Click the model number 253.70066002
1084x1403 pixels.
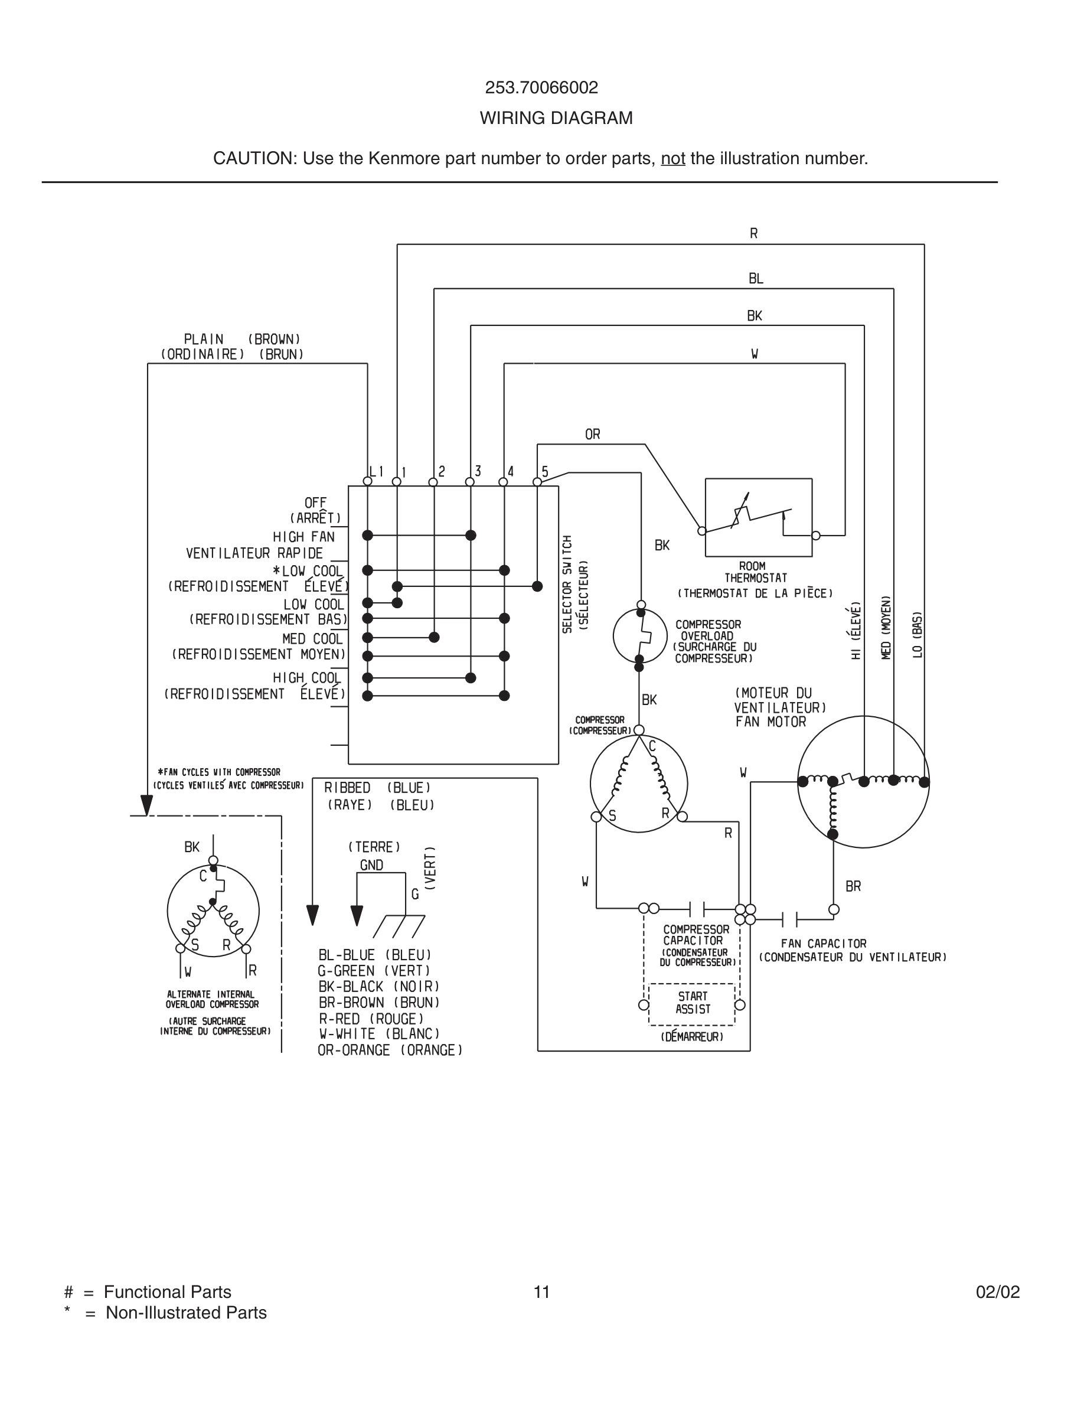pyautogui.click(x=541, y=87)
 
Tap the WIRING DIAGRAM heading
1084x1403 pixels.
pyautogui.click(x=556, y=118)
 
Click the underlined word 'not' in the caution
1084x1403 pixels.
pyautogui.click(x=672, y=159)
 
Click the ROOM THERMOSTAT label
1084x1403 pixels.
pyautogui.click(x=755, y=572)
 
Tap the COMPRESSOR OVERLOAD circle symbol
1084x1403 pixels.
pyautogui.click(x=639, y=636)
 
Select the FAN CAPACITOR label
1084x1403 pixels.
pyautogui.click(x=823, y=943)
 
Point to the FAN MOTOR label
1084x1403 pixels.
pyautogui.click(x=770, y=722)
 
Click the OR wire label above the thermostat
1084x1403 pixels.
pyautogui.click(x=592, y=434)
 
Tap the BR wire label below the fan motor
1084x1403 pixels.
pyautogui.click(x=853, y=886)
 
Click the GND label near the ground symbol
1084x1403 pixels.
pyautogui.click(x=371, y=865)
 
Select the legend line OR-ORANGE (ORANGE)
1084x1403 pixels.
pyautogui.click(x=390, y=1050)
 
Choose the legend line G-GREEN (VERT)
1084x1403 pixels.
pyautogui.click(x=374, y=971)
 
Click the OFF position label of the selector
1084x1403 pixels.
pyautogui.click(x=315, y=503)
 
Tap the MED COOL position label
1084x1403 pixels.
pyautogui.click(x=312, y=639)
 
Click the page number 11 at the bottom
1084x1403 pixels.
pyautogui.click(x=541, y=1292)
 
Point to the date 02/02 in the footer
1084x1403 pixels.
pyautogui.click(x=997, y=1292)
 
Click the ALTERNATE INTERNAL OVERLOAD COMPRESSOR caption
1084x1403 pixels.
pyautogui.click(x=212, y=999)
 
